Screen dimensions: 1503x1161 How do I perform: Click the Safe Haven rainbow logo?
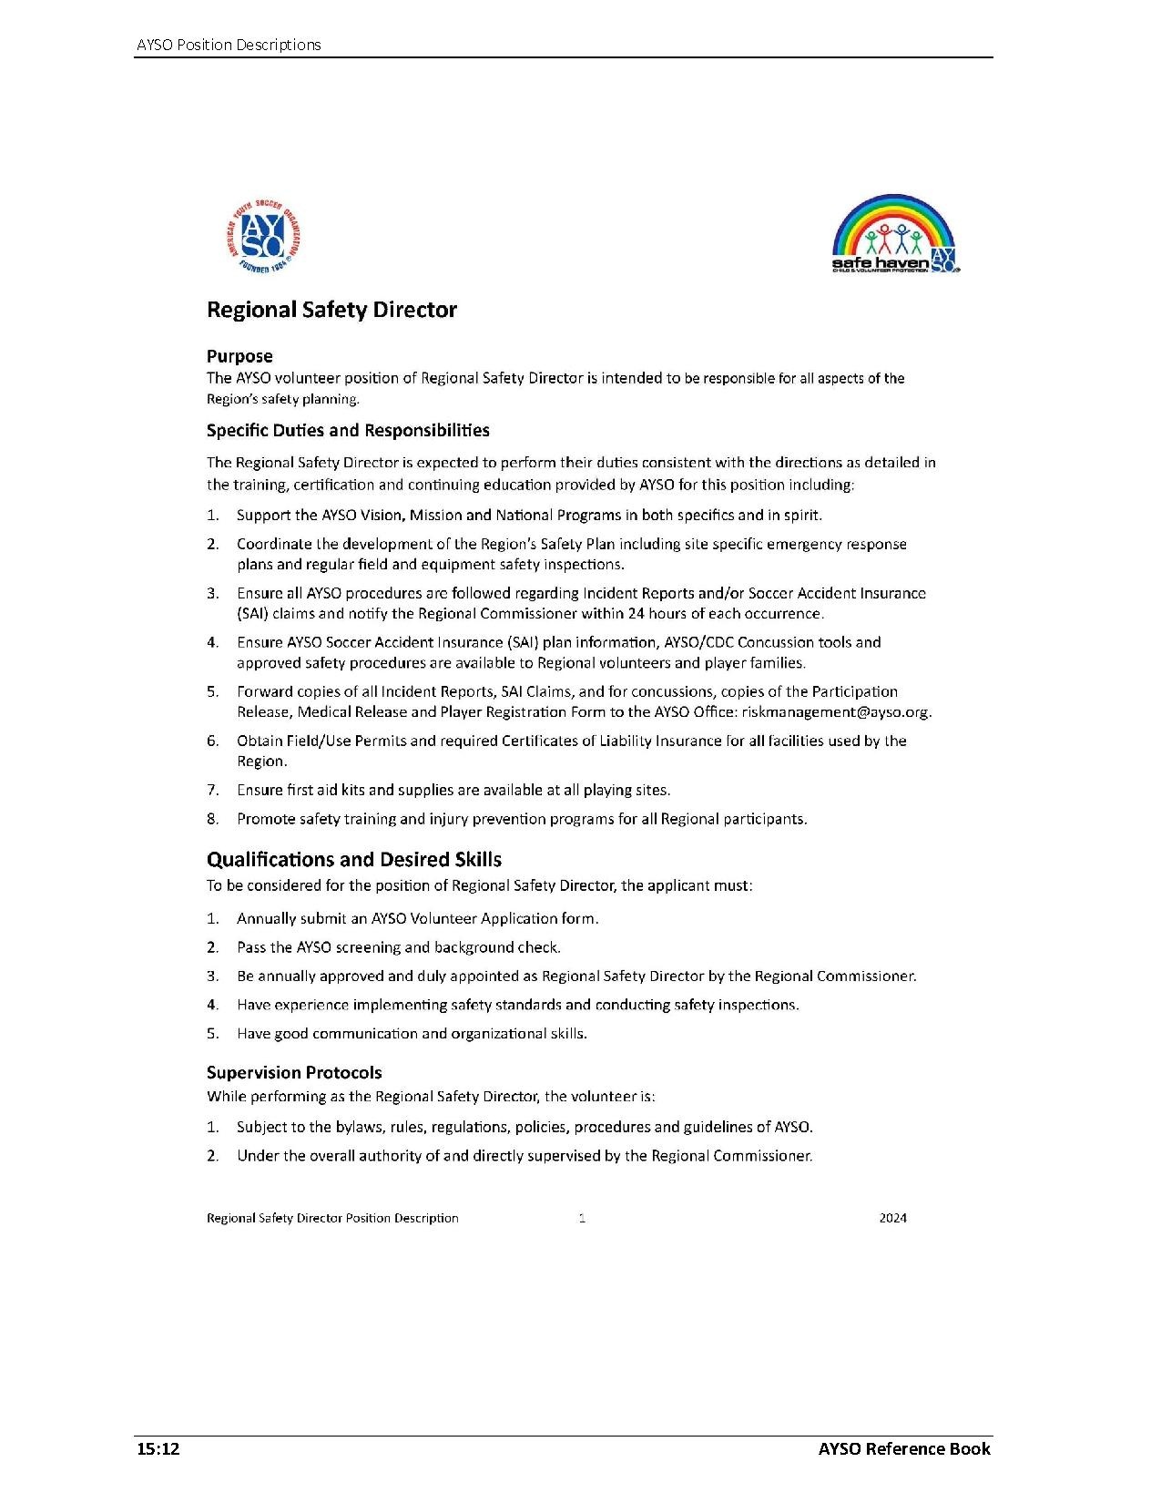(x=896, y=234)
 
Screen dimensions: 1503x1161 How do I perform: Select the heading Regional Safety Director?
(x=331, y=310)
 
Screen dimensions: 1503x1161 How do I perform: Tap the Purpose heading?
(x=239, y=356)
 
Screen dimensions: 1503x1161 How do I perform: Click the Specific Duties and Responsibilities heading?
(x=348, y=430)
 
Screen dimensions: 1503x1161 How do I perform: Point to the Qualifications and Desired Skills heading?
(x=353, y=859)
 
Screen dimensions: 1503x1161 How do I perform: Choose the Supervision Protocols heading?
(x=294, y=1072)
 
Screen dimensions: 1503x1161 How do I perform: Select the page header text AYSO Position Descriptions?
(x=228, y=45)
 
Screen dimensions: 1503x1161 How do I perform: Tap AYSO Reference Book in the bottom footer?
(x=903, y=1449)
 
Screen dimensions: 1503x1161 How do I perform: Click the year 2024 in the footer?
(x=892, y=1218)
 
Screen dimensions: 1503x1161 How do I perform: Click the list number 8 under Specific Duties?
(x=212, y=819)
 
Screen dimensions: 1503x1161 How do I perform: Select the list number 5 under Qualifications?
(x=212, y=1034)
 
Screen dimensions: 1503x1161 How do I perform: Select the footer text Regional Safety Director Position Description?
(x=332, y=1218)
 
